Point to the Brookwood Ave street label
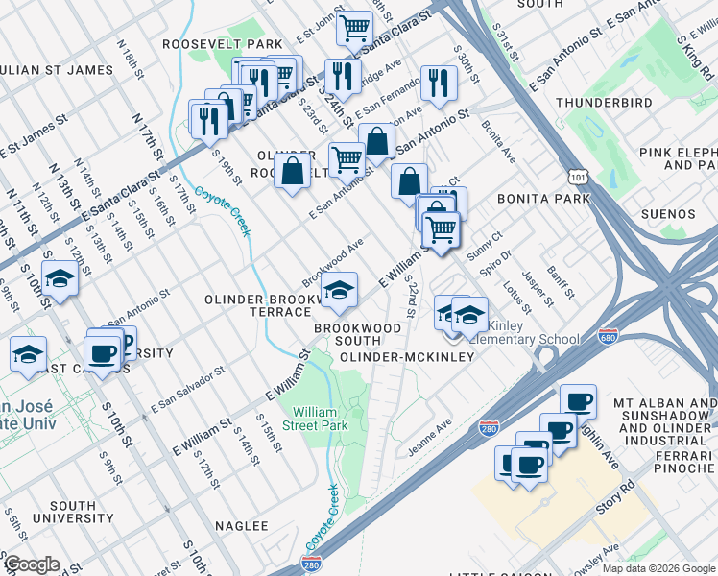point(332,261)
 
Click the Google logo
point(31,564)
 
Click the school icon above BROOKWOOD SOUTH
point(339,290)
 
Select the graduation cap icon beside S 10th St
point(60,281)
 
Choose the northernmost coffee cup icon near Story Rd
point(578,401)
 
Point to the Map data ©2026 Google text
point(658,568)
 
